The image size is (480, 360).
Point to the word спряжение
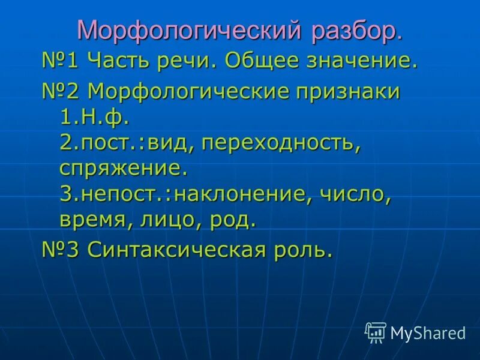pyautogui.click(x=123, y=169)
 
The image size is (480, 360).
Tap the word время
pyautogui.click(x=95, y=220)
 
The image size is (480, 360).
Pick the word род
pyautogui.click(x=232, y=220)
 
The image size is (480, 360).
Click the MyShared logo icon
pyautogui.click(x=376, y=332)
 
